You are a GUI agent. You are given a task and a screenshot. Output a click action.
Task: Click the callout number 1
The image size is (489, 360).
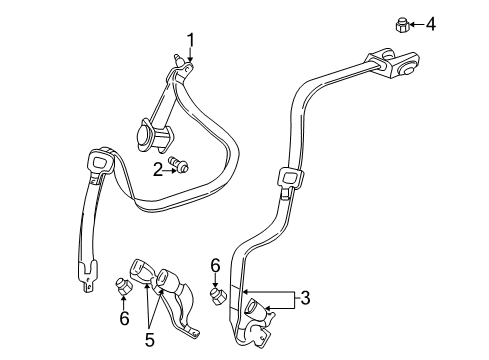click(x=189, y=42)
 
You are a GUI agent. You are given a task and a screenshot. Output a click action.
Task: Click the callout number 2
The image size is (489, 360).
click(x=157, y=169)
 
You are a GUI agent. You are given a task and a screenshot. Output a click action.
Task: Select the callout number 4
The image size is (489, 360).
click(x=431, y=23)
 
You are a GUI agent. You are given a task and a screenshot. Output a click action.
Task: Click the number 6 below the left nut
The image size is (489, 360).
click(x=124, y=318)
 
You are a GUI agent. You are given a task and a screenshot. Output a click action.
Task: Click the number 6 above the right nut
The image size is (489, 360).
click(x=215, y=264)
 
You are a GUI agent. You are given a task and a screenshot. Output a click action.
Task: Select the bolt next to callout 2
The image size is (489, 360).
click(x=180, y=165)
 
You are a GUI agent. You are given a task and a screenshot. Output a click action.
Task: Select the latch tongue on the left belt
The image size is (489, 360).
click(x=101, y=162)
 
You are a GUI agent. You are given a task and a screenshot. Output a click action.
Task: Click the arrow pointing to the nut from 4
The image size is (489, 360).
click(x=417, y=23)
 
